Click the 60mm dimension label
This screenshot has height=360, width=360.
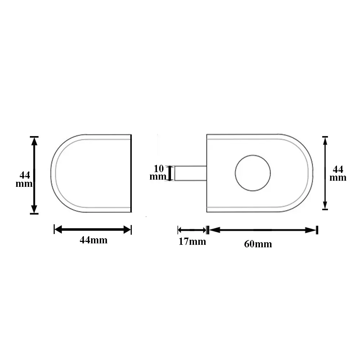tap(258, 244)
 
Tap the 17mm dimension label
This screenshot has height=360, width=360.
tap(192, 242)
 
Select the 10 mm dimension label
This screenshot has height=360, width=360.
tap(158, 172)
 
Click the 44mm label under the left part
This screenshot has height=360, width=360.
tap(94, 240)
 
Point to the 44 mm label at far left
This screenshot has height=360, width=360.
tap(24, 179)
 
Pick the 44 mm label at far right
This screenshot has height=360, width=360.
tap(338, 174)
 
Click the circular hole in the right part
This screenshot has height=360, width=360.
tap(253, 173)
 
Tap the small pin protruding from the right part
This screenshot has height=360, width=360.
tap(190, 173)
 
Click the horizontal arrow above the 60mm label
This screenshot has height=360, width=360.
tap(263, 230)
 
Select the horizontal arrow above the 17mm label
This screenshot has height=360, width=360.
tap(192, 230)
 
